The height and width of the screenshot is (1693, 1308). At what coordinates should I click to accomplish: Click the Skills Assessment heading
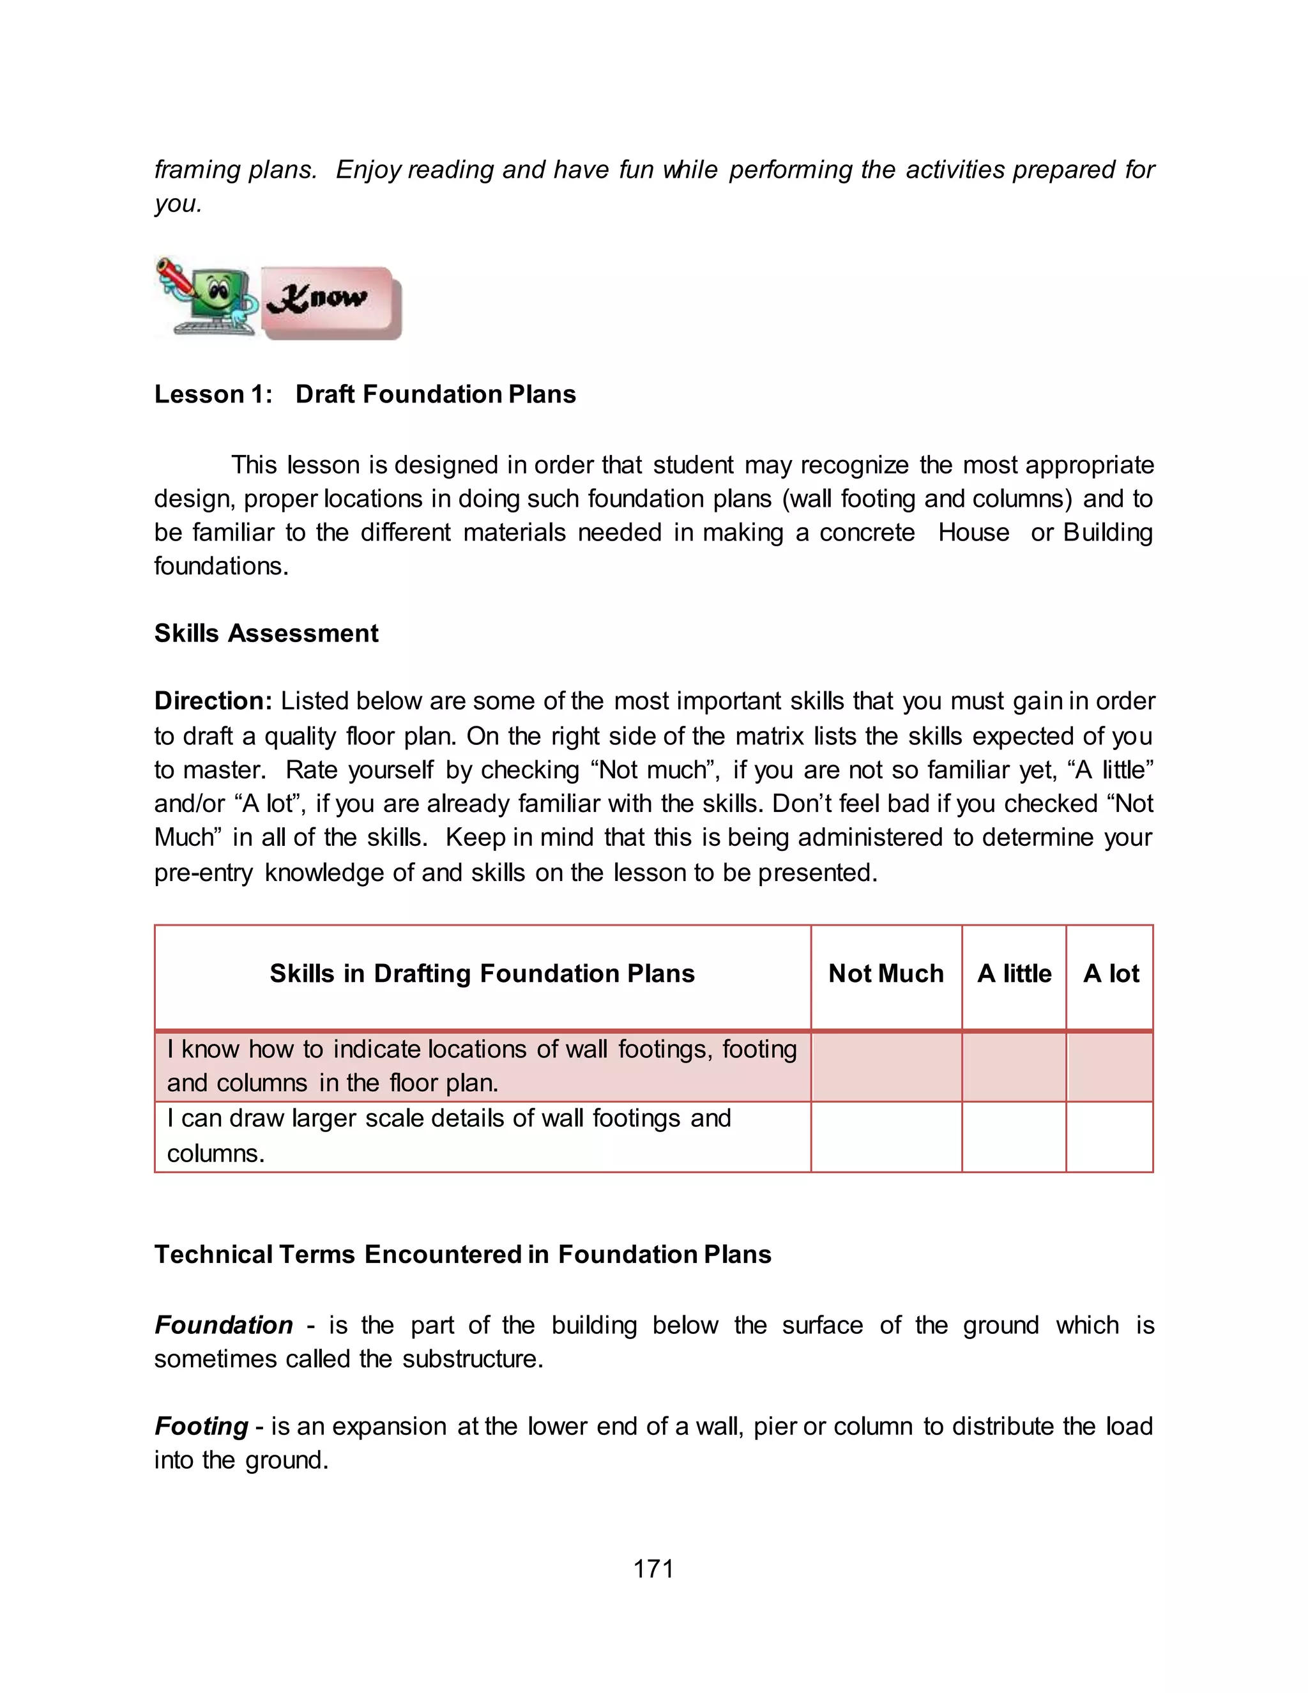266,633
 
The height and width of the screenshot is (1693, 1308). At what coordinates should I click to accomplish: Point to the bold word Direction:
213,701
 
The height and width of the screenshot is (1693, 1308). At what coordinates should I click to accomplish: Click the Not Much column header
886,973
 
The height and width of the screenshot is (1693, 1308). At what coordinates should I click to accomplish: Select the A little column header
1014,973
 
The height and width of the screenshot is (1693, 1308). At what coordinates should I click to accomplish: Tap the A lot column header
1111,973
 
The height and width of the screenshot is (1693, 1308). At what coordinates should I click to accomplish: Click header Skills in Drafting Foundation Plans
482,973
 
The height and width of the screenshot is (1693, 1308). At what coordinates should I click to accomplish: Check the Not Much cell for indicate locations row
886,1067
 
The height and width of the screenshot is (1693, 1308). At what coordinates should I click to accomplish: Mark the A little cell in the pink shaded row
1014,1067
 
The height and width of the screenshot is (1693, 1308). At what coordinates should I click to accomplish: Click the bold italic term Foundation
223,1325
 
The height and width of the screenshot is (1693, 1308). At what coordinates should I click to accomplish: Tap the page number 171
653,1569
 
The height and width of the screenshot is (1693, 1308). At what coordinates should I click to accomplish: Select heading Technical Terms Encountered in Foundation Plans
462,1254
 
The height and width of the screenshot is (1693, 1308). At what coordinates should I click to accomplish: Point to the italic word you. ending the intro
178,204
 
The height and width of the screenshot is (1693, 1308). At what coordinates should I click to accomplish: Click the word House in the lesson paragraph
973,533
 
